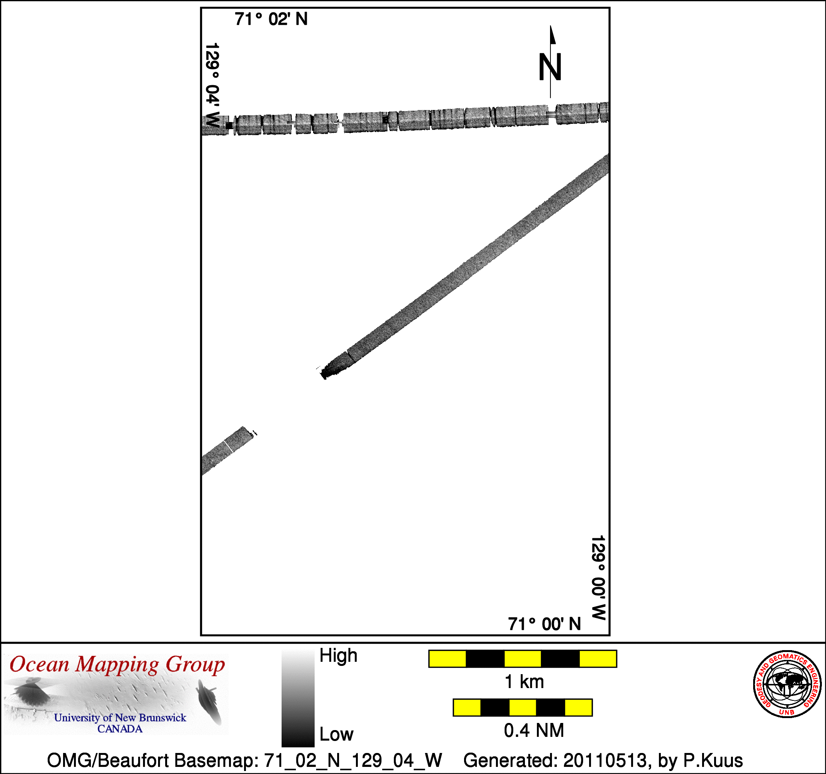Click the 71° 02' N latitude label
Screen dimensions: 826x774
pos(271,20)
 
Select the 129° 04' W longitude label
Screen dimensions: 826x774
pos(212,85)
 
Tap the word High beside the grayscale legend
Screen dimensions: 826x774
pos(338,656)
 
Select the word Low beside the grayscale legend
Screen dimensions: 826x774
pos(336,735)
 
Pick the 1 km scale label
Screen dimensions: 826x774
pos(525,682)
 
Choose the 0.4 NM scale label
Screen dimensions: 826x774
pos(534,730)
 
